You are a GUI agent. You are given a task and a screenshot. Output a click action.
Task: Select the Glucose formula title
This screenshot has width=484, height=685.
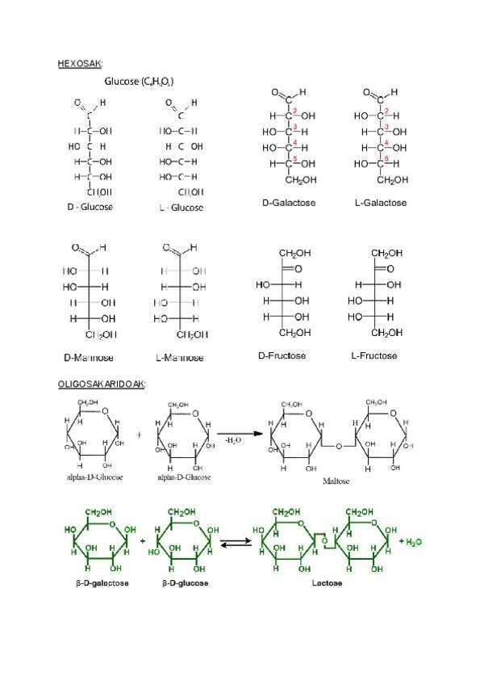point(140,82)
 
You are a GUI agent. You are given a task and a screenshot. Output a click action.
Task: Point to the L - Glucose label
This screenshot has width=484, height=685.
point(181,208)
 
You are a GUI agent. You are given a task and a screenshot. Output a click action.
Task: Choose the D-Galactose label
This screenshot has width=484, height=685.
point(289,203)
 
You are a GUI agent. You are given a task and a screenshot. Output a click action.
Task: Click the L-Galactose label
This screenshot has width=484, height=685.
point(381,203)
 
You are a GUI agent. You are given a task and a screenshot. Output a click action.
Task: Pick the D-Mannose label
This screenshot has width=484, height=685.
point(89,357)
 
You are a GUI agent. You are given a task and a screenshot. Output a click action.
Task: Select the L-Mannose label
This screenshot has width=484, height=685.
point(180,357)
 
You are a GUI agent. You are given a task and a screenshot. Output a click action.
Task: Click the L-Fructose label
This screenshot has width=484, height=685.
point(375,355)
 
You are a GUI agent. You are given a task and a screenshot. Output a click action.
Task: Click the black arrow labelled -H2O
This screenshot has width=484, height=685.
point(242,433)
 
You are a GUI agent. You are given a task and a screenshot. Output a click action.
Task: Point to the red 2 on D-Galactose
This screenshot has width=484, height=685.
point(295,111)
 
